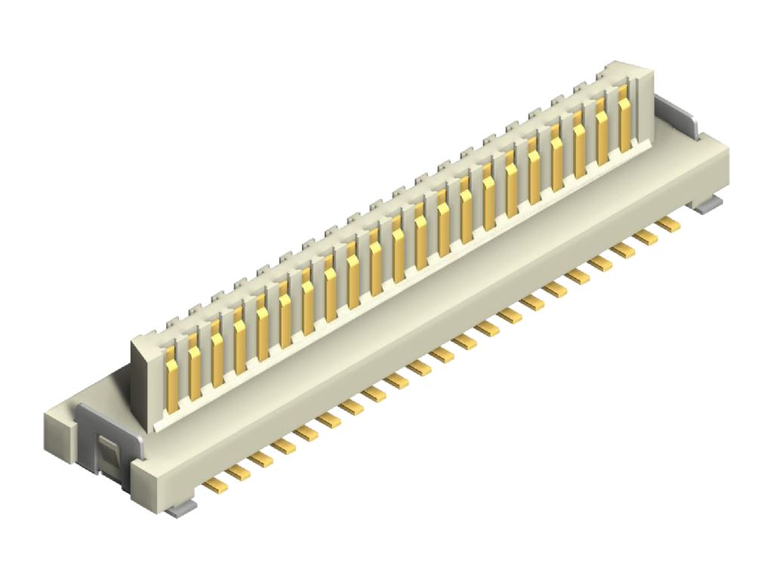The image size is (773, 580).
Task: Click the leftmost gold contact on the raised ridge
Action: [172, 378]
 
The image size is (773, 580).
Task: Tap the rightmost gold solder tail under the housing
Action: [667, 224]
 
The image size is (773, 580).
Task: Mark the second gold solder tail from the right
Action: [645, 237]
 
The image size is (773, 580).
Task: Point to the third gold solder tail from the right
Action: [623, 250]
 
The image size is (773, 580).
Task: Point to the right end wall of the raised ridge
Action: [643, 106]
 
